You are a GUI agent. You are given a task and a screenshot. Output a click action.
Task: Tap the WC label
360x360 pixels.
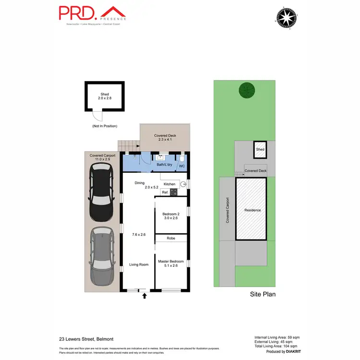point(182,167)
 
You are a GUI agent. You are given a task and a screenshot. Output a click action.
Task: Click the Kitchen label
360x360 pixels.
point(169,184)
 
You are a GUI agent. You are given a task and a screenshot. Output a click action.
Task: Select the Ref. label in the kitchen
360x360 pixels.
point(164,192)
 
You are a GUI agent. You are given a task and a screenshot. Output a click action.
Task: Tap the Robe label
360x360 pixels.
point(170,239)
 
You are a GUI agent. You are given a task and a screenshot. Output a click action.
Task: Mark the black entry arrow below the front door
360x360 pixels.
point(144,296)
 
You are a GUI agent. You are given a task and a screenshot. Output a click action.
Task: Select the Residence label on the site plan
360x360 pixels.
point(252,210)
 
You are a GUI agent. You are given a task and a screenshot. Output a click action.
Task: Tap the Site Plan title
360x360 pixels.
point(263,295)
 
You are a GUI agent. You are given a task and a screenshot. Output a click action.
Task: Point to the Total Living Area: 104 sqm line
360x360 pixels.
point(276,346)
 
